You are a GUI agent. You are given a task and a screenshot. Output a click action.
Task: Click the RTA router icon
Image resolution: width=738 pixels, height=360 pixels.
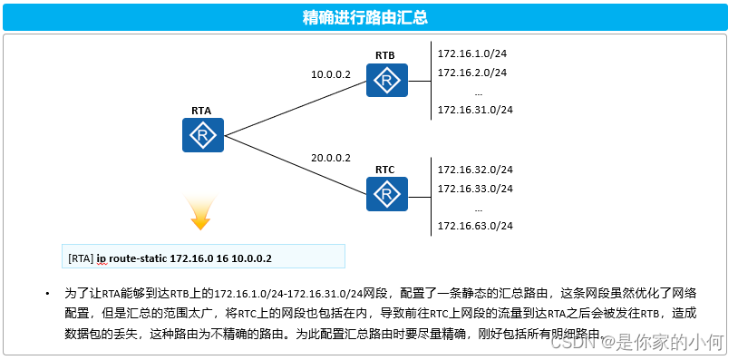pyautogui.click(x=202, y=136)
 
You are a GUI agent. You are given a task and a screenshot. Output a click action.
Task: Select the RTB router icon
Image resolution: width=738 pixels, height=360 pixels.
pyautogui.click(x=387, y=81)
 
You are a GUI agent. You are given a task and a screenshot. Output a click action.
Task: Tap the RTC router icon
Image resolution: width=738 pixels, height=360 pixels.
pyautogui.click(x=387, y=193)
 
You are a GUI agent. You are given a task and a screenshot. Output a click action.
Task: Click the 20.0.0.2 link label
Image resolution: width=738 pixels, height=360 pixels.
pyautogui.click(x=330, y=158)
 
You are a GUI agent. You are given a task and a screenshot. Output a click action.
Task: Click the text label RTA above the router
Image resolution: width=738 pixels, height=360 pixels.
pyautogui.click(x=201, y=111)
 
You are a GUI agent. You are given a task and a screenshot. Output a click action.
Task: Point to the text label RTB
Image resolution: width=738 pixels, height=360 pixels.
pyautogui.click(x=385, y=56)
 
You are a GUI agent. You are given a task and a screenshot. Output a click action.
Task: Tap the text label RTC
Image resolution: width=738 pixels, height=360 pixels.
pyautogui.click(x=385, y=170)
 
